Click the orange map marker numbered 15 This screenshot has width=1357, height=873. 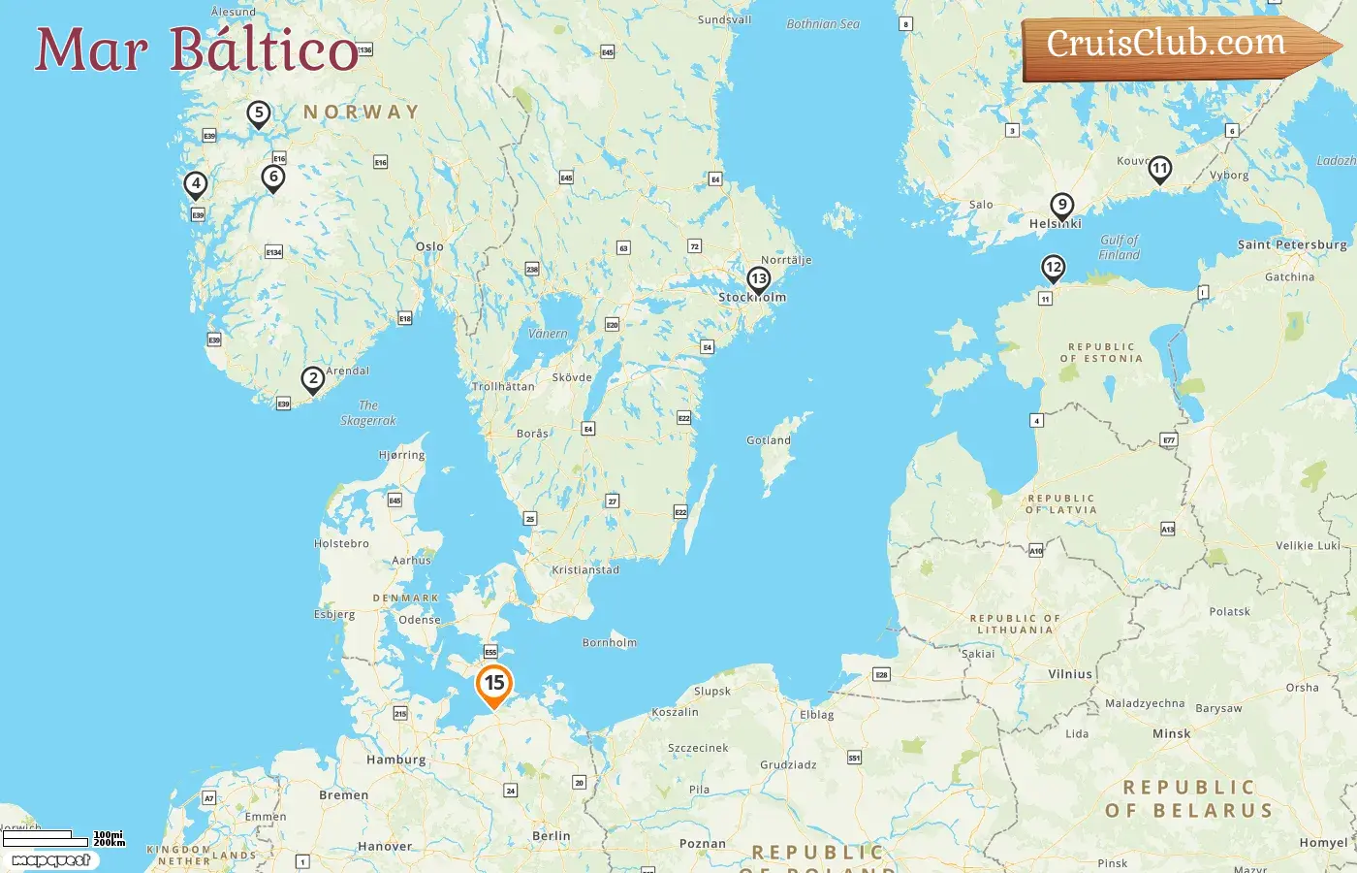tap(494, 684)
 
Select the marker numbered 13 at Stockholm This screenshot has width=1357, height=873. tap(758, 280)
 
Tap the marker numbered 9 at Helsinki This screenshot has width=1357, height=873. tap(1062, 206)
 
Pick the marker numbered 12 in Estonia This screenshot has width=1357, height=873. tap(1053, 268)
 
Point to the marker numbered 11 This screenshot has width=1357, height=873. tap(1159, 170)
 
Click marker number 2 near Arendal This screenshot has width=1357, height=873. tap(312, 379)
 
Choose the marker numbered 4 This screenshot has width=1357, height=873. tap(196, 183)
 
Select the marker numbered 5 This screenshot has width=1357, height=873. tap(258, 113)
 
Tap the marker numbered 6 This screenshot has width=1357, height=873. tap(273, 178)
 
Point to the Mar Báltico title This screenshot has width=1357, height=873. tap(197, 49)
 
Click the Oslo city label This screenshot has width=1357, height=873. tap(429, 246)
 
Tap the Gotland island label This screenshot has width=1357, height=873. tap(769, 440)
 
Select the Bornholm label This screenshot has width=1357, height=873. tap(610, 642)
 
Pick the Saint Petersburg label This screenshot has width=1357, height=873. tap(1291, 244)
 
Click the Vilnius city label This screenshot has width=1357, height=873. tap(1070, 674)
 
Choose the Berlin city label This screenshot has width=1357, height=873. tap(552, 836)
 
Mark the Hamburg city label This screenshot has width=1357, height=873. tap(395, 760)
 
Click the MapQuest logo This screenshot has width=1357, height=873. tap(50, 860)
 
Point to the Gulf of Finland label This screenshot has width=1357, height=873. tap(1120, 247)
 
